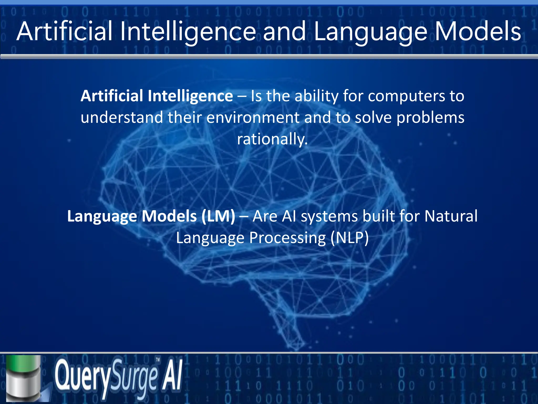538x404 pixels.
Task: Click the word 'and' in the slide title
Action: click(284, 32)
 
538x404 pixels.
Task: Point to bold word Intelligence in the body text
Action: click(190, 96)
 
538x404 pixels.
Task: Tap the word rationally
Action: click(272, 139)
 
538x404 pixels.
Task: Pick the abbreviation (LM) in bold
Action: click(218, 216)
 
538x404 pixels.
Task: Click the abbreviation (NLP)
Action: click(350, 238)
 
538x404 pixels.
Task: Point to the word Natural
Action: click(451, 216)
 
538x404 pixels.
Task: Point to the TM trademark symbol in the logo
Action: click(158, 360)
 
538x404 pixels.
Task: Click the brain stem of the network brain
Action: click(289, 324)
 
